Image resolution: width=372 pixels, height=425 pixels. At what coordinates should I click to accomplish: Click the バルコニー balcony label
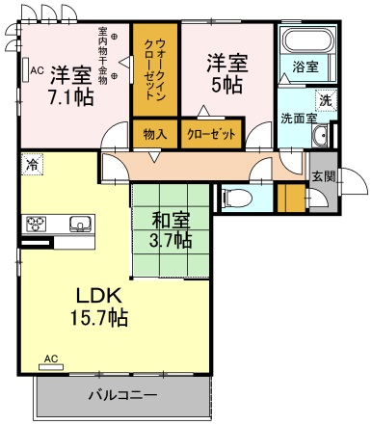[x=122, y=395]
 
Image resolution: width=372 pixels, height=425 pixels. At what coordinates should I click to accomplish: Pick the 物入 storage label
[x=153, y=134]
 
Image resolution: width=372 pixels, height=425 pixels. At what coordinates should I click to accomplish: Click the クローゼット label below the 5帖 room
[x=211, y=134]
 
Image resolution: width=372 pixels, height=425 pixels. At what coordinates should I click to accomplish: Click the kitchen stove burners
[x=38, y=225]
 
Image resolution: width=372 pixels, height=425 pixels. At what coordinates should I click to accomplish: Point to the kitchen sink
[x=77, y=225]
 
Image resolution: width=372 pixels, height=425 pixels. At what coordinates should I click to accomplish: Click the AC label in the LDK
[x=51, y=360]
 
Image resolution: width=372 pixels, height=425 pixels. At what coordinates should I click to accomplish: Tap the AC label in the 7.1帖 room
[x=35, y=70]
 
